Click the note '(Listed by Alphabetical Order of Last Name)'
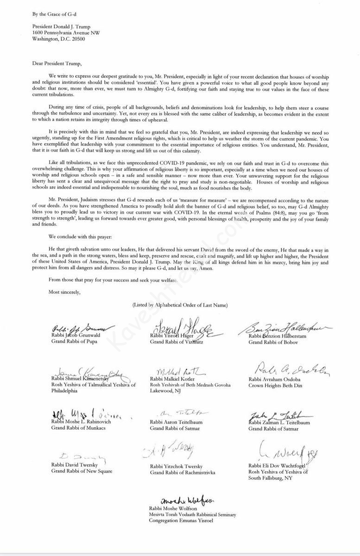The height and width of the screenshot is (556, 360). coord(180,304)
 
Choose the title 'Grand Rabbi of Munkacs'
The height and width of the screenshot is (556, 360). coord(79,428)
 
